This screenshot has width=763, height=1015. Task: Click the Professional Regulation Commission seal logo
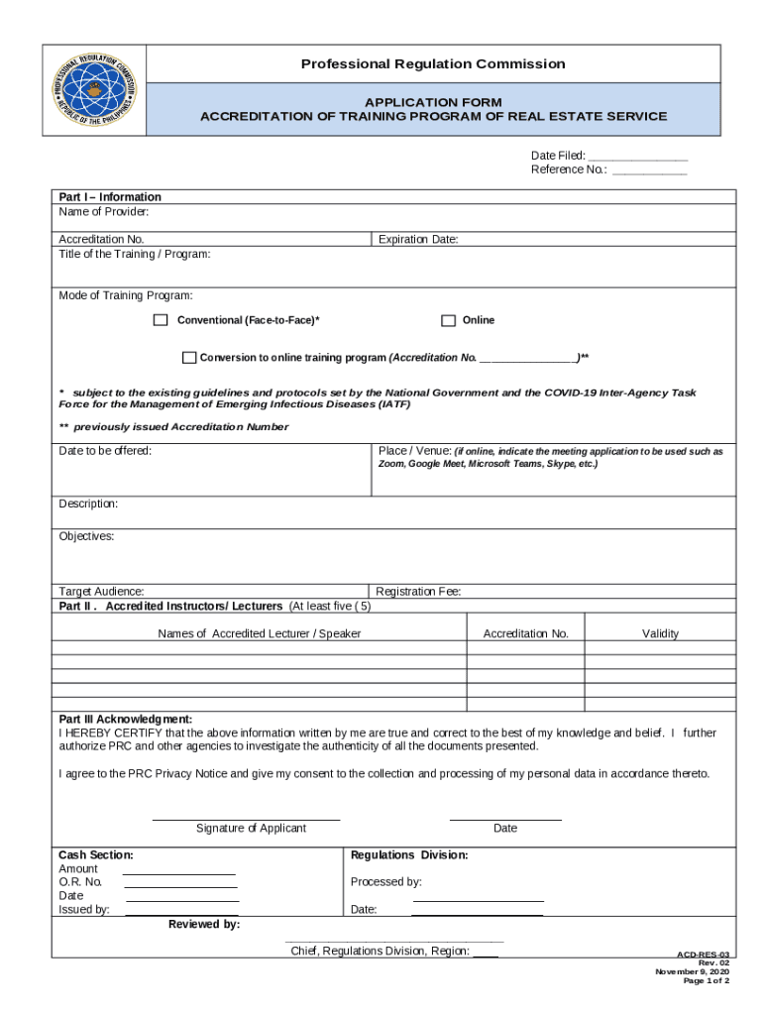tap(95, 90)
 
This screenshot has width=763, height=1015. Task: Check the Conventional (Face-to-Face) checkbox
tap(161, 320)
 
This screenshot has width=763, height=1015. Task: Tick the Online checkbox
tap(448, 320)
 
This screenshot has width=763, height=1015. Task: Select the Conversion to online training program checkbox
tap(189, 357)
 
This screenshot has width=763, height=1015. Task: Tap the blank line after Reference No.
tap(649, 170)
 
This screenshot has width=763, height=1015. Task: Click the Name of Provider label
tap(104, 212)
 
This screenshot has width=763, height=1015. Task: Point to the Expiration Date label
tap(418, 240)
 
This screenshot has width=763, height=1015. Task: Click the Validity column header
tap(660, 634)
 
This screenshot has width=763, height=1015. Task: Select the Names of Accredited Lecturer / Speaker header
tap(260, 634)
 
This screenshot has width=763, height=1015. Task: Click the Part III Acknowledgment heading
tap(126, 720)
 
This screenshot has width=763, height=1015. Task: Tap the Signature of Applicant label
tap(251, 829)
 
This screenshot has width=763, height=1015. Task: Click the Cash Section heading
tap(96, 855)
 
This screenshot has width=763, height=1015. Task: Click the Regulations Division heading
tap(409, 855)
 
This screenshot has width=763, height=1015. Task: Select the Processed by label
tap(386, 882)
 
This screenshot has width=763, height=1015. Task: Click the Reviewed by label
tap(204, 925)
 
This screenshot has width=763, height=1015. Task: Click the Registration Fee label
tap(418, 592)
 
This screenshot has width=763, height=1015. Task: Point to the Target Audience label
tap(101, 592)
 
